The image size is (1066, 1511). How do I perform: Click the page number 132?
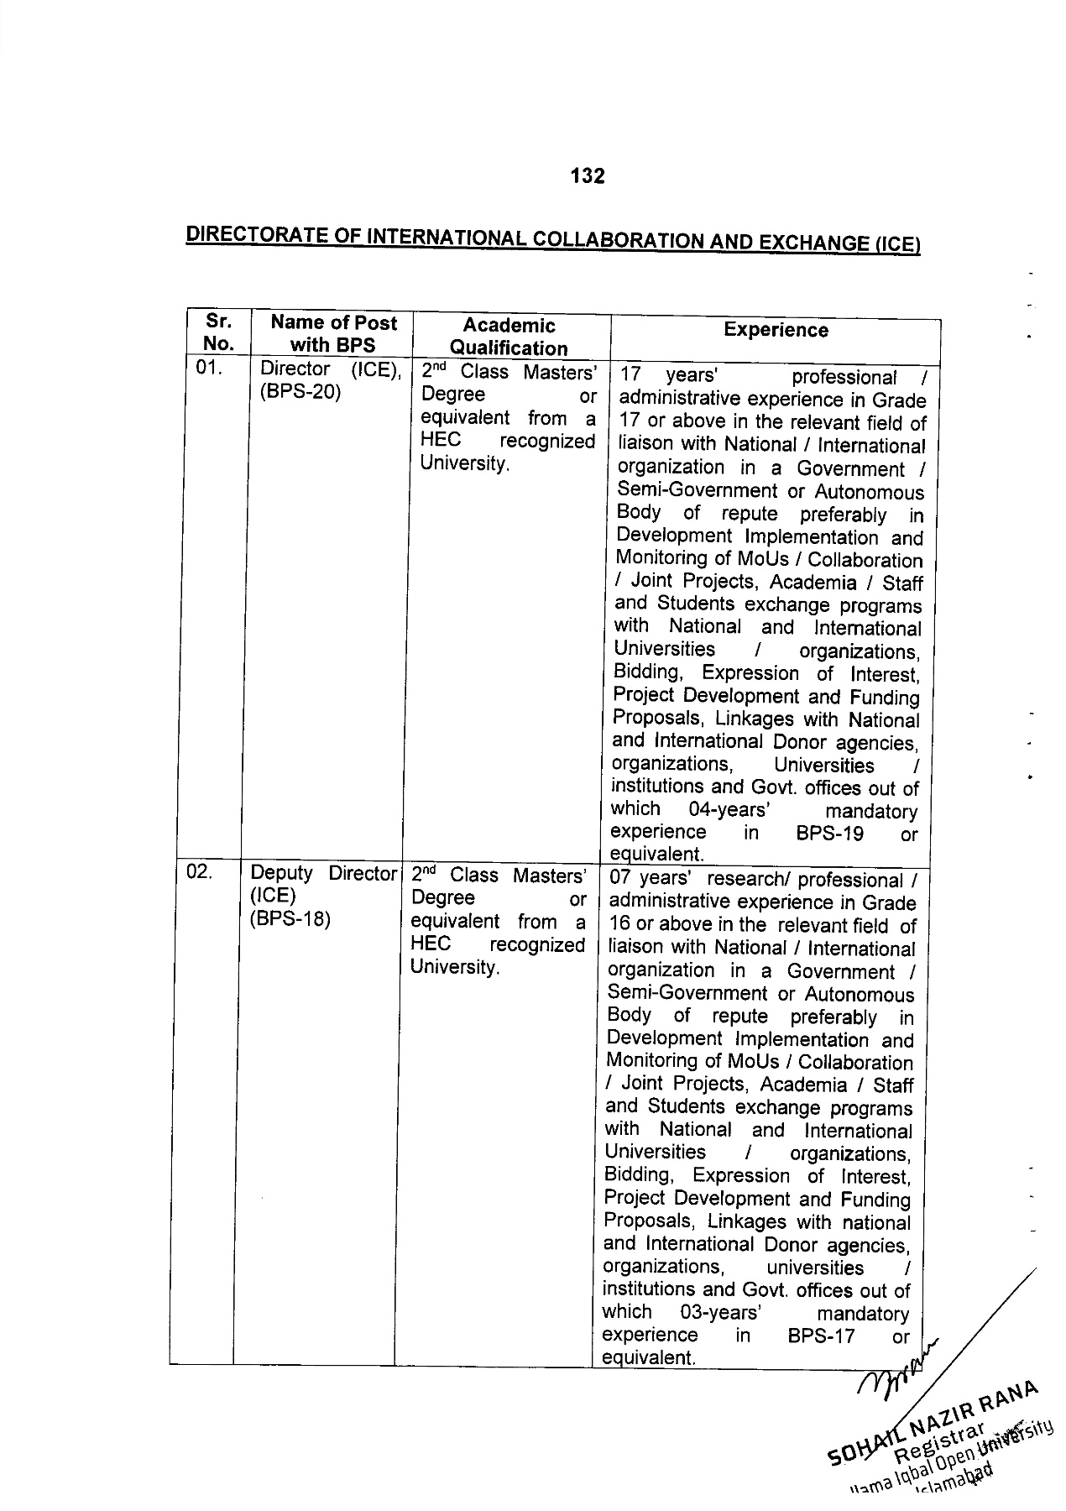click(587, 176)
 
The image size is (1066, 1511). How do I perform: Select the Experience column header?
click(776, 331)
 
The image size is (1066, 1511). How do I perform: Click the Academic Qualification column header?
click(509, 337)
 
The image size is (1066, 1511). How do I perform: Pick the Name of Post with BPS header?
click(333, 333)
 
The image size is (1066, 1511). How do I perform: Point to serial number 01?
click(208, 368)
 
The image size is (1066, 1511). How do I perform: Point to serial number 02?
click(200, 872)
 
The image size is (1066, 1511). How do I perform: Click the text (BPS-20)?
click(300, 392)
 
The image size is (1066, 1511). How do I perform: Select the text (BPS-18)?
click(290, 919)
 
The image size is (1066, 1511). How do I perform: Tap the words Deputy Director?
click(323, 873)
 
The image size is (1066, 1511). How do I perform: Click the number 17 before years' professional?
click(630, 376)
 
